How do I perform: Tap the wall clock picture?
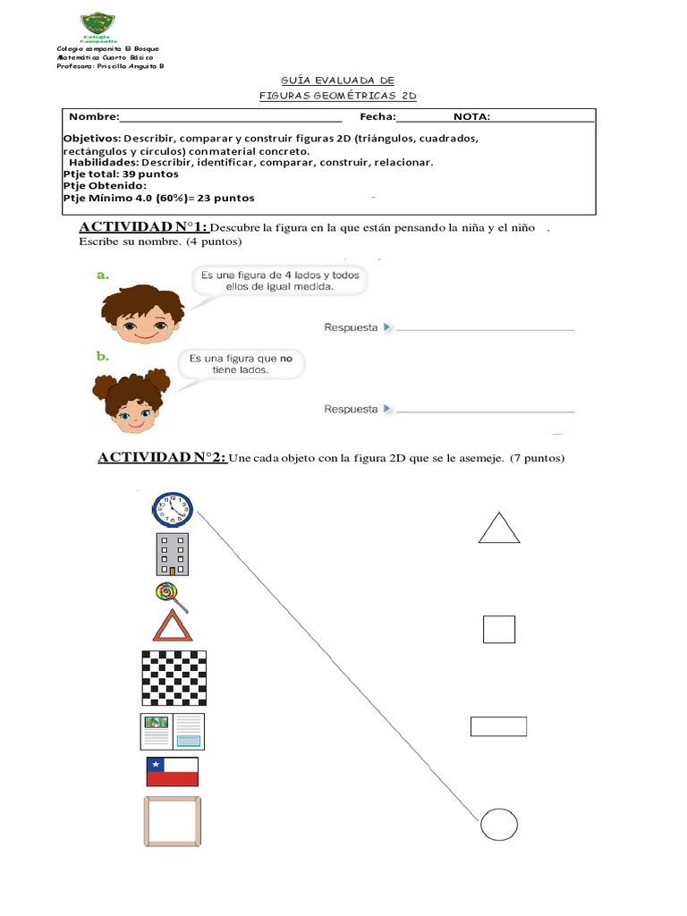click(x=172, y=511)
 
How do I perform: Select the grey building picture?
click(x=172, y=554)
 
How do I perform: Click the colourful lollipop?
click(x=167, y=593)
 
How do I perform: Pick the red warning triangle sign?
click(x=173, y=626)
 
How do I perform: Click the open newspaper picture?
click(x=172, y=731)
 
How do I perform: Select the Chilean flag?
click(x=172, y=771)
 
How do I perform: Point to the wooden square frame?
click(x=172, y=820)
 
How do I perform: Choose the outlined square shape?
click(x=498, y=629)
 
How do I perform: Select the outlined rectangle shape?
click(x=498, y=725)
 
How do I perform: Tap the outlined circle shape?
click(x=498, y=823)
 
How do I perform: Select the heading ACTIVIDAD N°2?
click(x=162, y=458)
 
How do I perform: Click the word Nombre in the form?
click(x=93, y=117)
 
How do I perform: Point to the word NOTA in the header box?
click(x=471, y=117)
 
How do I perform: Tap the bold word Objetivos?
click(x=92, y=140)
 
